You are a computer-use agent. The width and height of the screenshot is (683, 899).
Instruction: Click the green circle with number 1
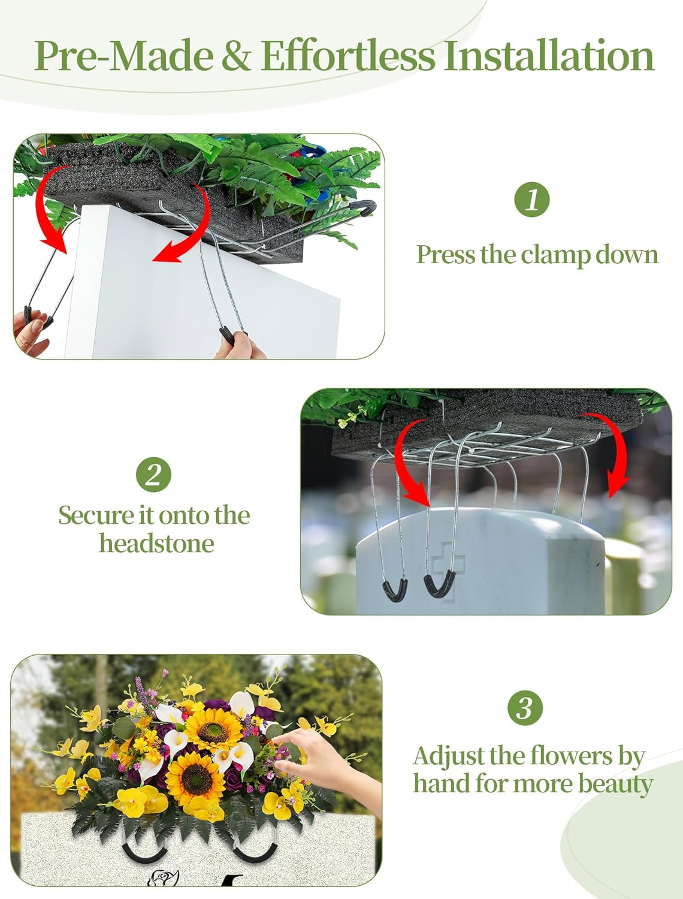531,200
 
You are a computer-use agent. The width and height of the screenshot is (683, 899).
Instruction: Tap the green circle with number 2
153,474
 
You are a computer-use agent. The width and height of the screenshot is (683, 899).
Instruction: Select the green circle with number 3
525,707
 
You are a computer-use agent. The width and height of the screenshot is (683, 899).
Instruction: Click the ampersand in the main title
235,55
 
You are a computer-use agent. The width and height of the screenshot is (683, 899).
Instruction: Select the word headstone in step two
156,544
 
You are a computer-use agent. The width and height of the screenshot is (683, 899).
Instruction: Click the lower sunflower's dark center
197,779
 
